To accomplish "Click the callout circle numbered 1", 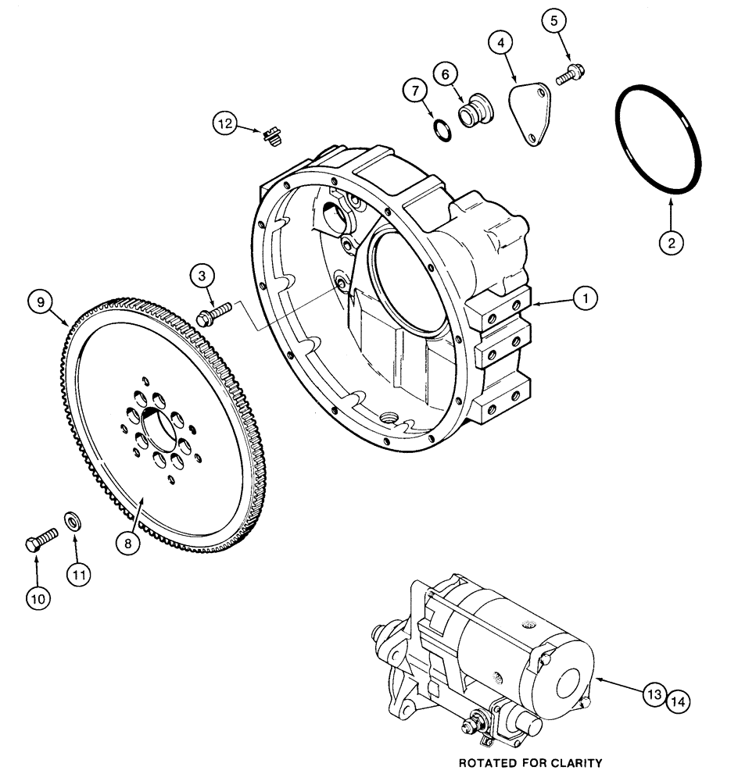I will [x=585, y=297].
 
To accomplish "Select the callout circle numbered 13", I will [x=654, y=693].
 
